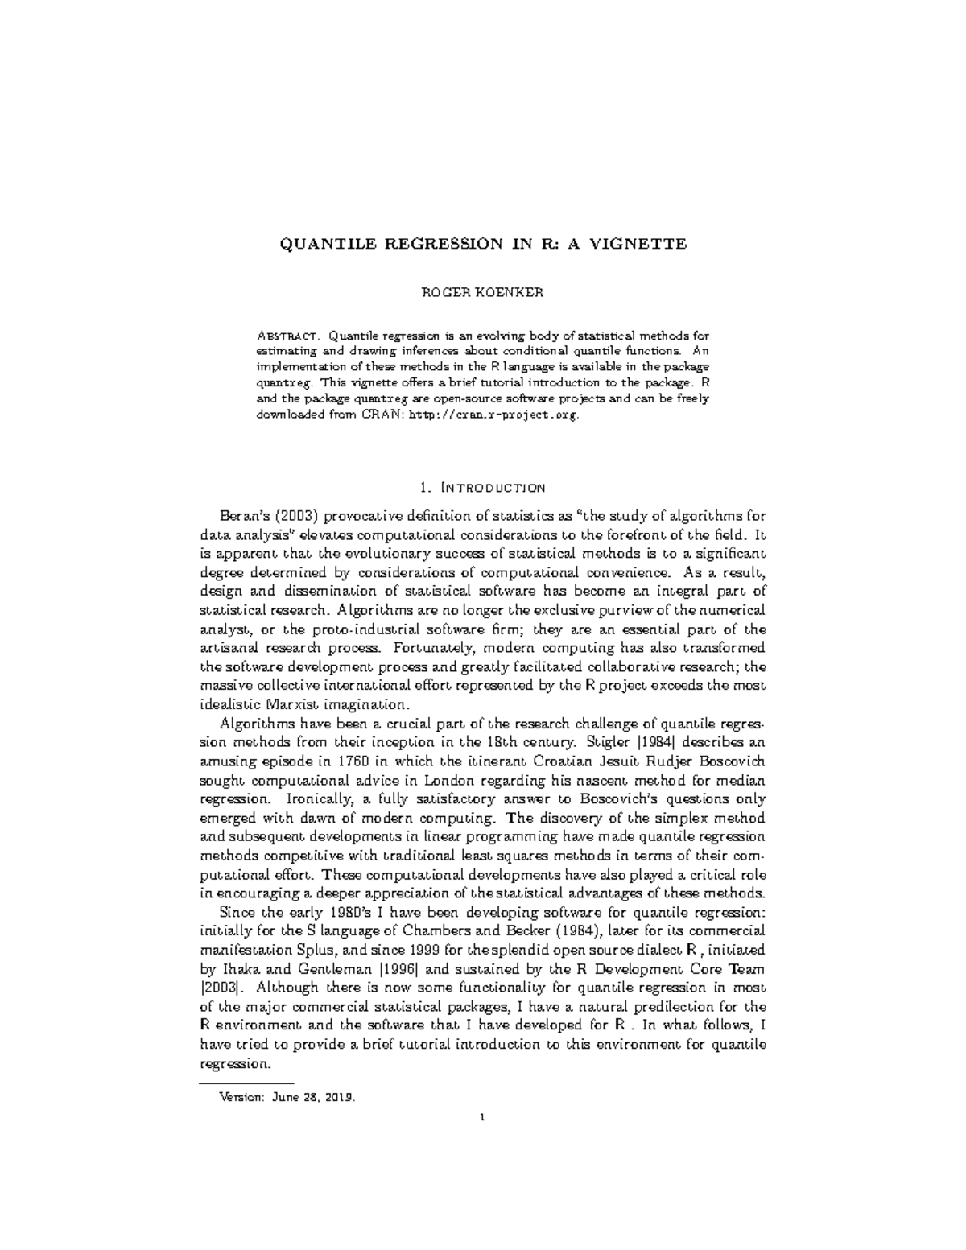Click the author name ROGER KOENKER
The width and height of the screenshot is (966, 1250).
[483, 292]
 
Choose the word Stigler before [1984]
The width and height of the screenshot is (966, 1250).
[596, 743]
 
